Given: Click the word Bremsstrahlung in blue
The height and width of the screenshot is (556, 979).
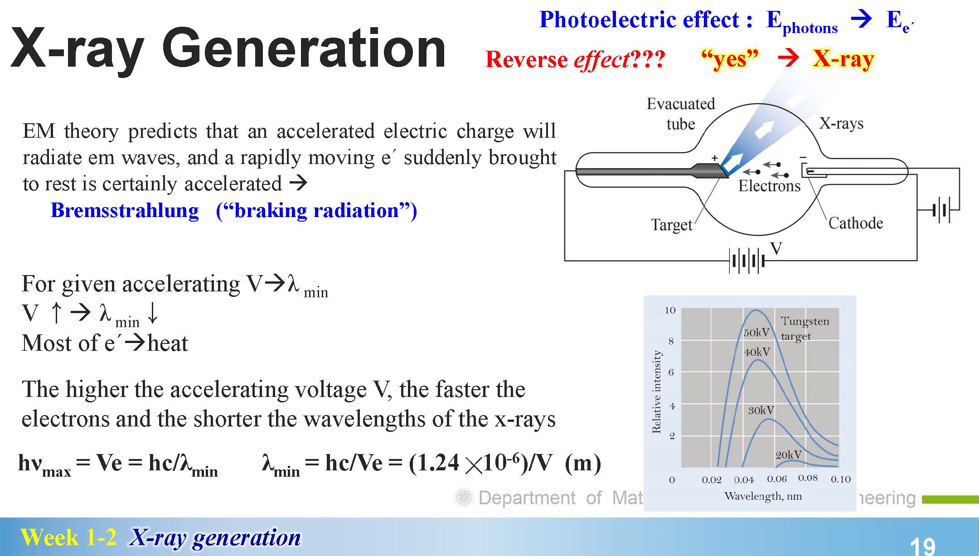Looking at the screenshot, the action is coord(125,211).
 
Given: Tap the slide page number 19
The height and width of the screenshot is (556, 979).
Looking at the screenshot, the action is coord(922,546).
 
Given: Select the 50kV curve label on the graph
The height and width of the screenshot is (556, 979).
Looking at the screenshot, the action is coord(756,333).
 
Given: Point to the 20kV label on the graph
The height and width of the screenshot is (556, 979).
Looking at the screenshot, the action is coord(789,454).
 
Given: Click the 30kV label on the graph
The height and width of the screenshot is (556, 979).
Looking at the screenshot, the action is coord(761,411).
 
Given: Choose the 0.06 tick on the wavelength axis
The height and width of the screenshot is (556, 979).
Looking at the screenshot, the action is coord(777,479).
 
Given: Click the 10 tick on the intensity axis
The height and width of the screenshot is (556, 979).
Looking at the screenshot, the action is coord(670,310).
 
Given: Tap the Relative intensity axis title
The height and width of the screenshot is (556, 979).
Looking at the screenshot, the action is coord(656,392).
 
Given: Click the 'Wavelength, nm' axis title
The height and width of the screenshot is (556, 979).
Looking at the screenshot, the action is coord(763,496).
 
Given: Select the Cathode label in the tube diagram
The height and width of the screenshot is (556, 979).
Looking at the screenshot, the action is coord(856,223).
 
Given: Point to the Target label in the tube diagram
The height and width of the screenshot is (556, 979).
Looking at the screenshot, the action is coord(672,225).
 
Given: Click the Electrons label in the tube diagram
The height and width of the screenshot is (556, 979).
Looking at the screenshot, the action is coord(770,186).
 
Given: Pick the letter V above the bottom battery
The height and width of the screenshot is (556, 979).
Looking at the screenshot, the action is coord(776,248).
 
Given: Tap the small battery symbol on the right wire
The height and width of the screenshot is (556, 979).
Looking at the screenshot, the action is coord(941,210).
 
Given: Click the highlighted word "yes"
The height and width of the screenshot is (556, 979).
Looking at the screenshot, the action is coord(729,59).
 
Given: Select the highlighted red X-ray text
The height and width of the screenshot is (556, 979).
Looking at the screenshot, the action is coord(843,59).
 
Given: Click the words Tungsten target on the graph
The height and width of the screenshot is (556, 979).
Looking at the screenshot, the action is coord(805,329).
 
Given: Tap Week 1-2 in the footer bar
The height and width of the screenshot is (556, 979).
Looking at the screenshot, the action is coord(68,537).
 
